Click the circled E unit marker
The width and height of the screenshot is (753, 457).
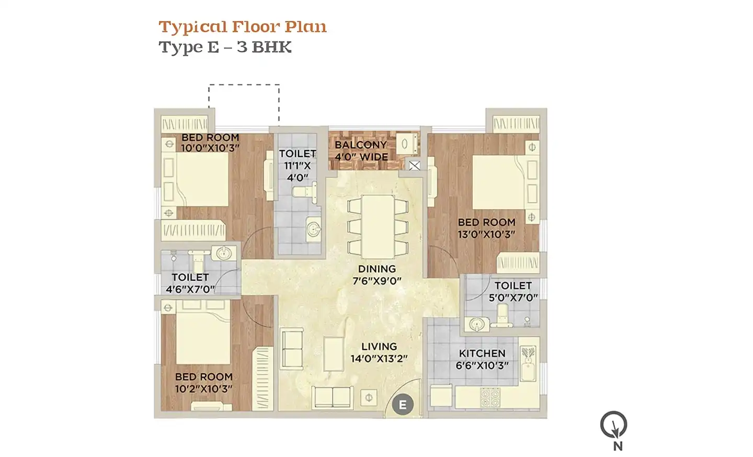(x=403, y=405)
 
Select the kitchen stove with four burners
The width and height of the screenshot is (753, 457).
(x=490, y=397)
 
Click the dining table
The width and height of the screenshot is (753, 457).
(x=378, y=227)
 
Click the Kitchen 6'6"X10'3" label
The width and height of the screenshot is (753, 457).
(x=482, y=360)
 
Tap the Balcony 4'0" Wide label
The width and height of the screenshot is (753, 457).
(x=361, y=151)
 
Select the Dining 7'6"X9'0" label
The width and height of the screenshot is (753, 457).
(x=377, y=275)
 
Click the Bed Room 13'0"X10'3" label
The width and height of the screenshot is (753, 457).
(x=486, y=228)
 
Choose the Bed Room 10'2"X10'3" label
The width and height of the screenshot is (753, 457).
(x=204, y=383)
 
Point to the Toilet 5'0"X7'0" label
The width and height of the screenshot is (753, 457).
(x=514, y=292)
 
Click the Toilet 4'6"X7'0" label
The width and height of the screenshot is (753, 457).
(x=190, y=283)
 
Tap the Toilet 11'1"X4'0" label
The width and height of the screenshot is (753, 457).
(x=298, y=166)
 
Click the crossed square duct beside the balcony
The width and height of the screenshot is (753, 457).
(x=415, y=165)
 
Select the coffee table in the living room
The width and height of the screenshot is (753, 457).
(x=334, y=354)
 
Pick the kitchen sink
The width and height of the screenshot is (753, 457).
(x=528, y=364)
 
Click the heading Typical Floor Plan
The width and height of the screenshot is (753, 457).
(x=243, y=27)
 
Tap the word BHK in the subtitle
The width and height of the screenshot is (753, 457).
(x=271, y=47)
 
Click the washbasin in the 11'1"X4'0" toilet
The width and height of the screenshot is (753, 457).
(x=314, y=230)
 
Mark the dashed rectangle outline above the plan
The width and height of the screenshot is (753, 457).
(x=244, y=85)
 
